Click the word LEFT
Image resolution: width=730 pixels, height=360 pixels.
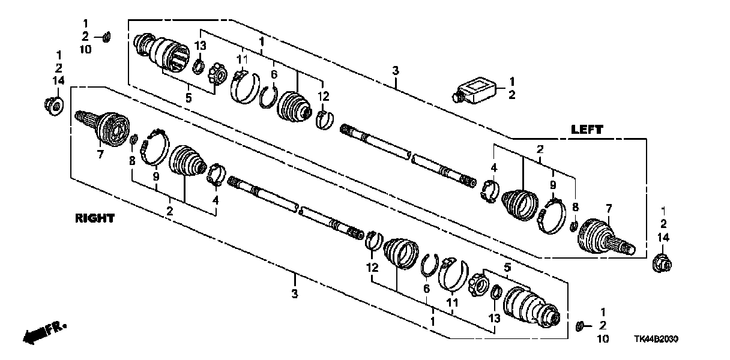click(x=587, y=129)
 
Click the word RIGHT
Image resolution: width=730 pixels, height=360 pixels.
click(x=95, y=218)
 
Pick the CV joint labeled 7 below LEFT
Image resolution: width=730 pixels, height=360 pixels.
click(x=603, y=241)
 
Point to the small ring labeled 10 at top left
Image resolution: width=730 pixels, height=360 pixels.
click(x=106, y=38)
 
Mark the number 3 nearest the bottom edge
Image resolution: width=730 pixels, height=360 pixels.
click(x=294, y=294)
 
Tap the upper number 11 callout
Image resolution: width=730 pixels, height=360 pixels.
click(x=241, y=59)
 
